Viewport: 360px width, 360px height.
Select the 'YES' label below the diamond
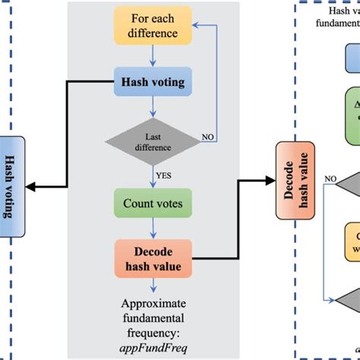(x=162, y=173)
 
